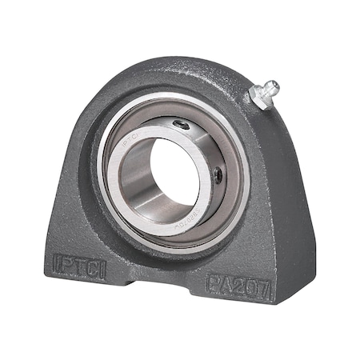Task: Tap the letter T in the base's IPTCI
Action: (x=78, y=262)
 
